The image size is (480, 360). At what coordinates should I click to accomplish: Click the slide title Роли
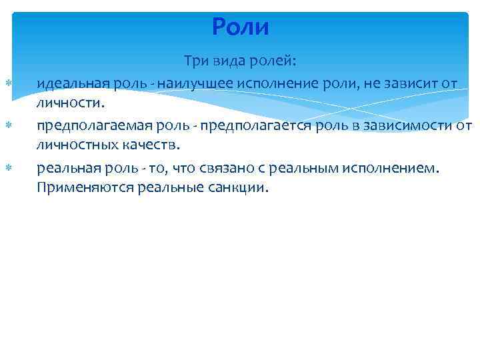point(240,27)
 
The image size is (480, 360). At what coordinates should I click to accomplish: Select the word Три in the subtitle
point(197,62)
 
